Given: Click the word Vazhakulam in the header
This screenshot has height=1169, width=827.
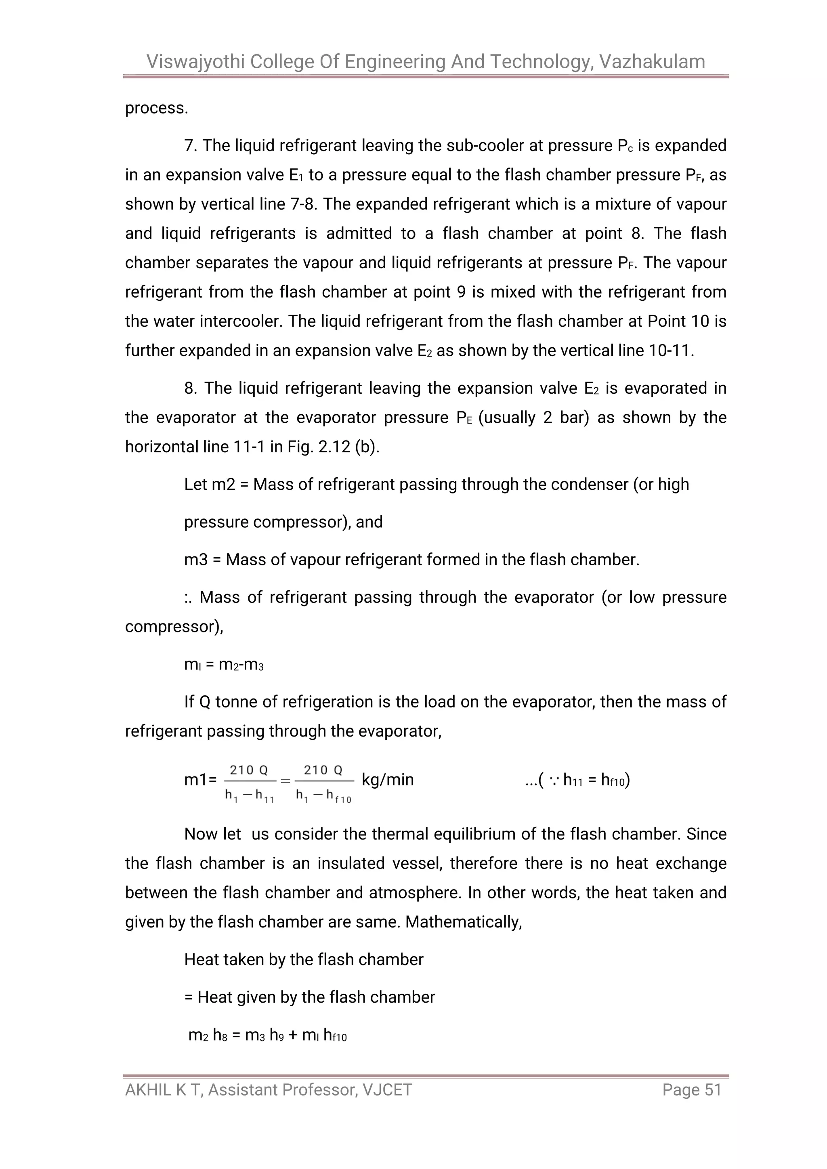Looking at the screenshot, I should coord(652,62).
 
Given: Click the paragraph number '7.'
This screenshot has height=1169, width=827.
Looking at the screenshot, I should coord(191,146).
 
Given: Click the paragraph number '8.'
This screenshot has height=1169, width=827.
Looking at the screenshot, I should coord(191,388).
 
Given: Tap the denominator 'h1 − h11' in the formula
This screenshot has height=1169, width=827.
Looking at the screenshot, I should coord(250,795).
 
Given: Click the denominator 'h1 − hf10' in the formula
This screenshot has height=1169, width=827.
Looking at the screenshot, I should coord(324,795).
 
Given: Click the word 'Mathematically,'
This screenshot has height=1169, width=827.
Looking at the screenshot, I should coord(464,922).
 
